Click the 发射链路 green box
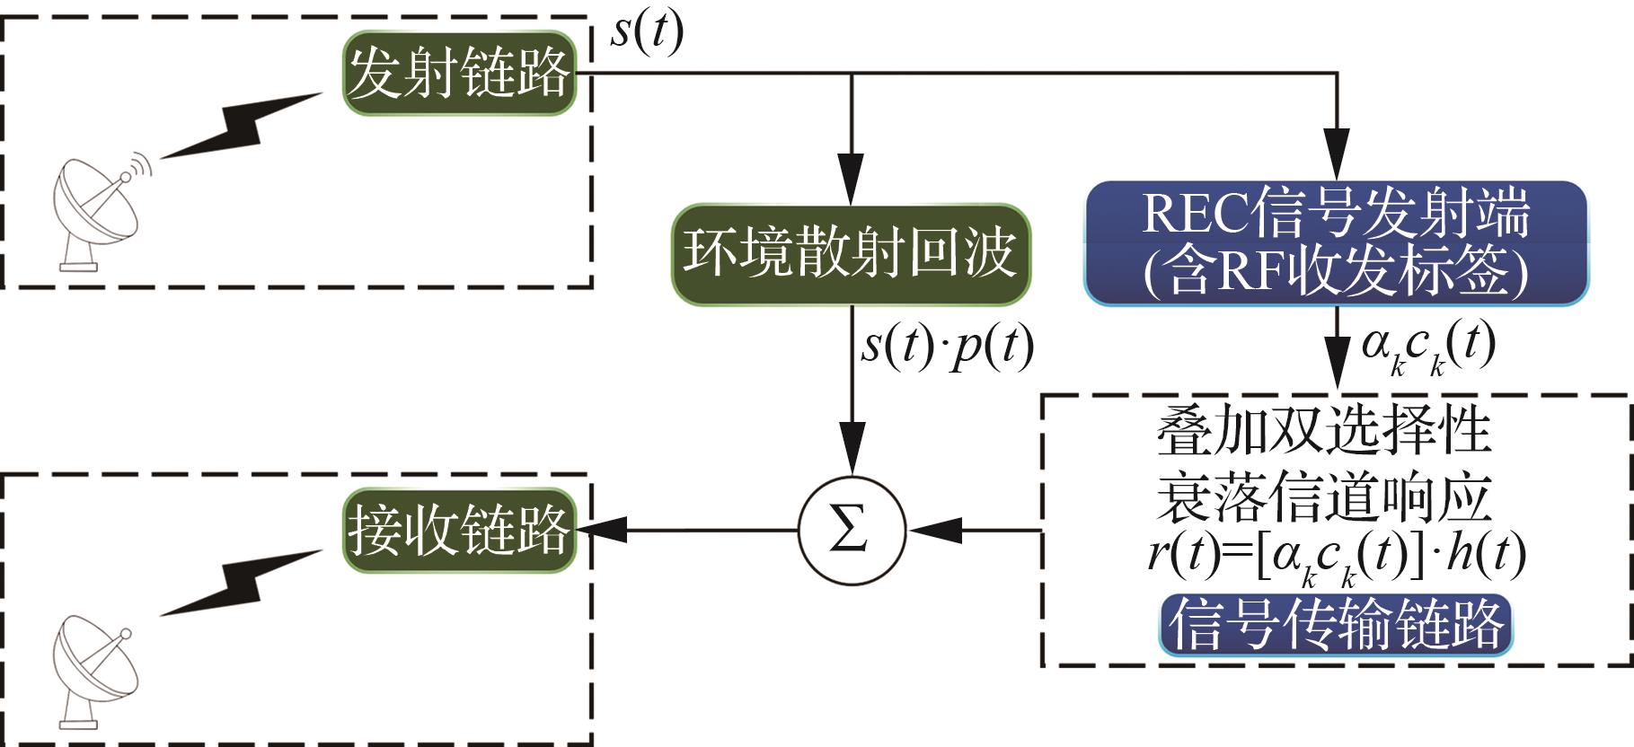458,74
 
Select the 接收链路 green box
458,530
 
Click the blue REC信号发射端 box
1336,242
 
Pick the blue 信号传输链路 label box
1336,624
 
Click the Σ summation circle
851,530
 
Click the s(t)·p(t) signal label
947,347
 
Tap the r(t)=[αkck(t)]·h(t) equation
1336,557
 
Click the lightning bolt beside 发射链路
241,126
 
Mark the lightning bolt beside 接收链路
241,582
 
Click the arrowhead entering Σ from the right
934,531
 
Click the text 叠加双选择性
1323,431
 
